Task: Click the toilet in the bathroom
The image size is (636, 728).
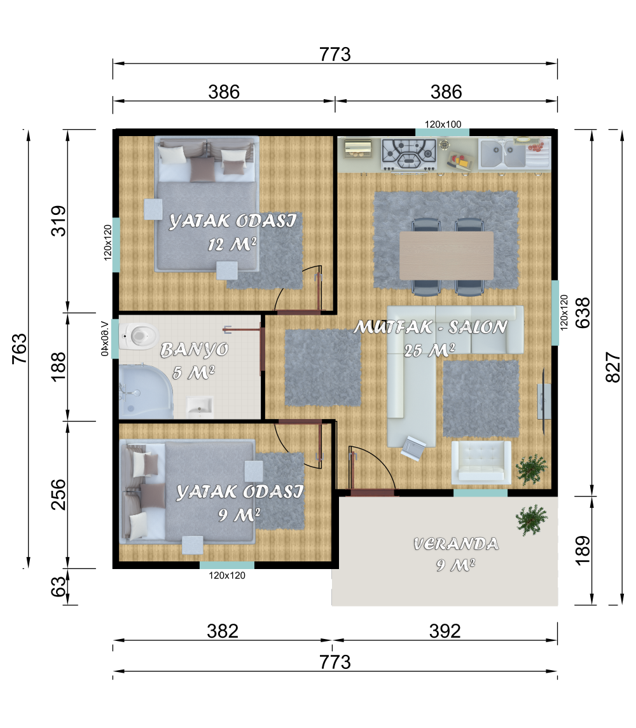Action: (138, 335)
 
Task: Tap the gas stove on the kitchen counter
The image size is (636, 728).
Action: (409, 154)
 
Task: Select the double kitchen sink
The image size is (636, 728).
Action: (502, 153)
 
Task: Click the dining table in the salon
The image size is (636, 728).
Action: (446, 256)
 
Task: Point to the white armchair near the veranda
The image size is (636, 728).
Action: (481, 462)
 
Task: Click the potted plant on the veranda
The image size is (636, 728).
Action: (532, 519)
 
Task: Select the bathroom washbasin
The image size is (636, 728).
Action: (200, 407)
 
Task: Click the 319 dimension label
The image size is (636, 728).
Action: (59, 221)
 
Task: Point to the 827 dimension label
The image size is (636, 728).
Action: (613, 367)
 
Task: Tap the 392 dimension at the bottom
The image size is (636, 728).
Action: (445, 631)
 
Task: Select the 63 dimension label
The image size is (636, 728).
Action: (59, 587)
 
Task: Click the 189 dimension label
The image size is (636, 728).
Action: (583, 551)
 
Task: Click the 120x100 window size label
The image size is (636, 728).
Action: (443, 125)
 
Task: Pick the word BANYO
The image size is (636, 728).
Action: (194, 350)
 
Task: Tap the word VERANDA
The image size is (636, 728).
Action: (456, 544)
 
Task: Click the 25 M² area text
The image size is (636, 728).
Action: (429, 350)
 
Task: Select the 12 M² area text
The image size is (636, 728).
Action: (232, 244)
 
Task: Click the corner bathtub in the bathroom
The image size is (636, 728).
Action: (146, 392)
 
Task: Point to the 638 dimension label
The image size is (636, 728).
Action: (583, 313)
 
